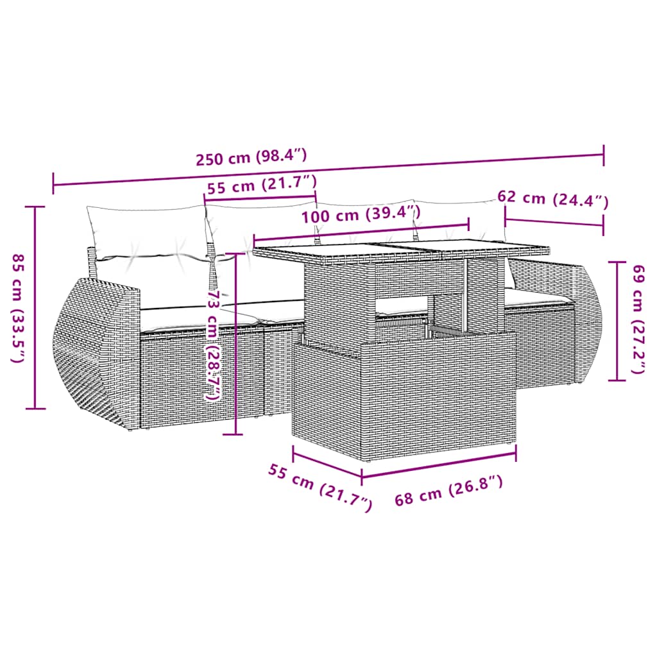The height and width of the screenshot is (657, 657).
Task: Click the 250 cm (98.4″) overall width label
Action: [252, 156]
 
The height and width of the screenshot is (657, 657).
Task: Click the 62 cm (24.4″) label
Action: [552, 199]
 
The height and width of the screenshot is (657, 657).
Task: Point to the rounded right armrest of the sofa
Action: [587, 321]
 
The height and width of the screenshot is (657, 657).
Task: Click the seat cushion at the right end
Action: [536, 297]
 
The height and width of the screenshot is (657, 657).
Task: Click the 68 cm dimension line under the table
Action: [439, 466]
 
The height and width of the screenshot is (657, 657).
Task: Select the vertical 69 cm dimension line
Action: [617, 321]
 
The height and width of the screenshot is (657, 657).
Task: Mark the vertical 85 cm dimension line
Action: [35, 308]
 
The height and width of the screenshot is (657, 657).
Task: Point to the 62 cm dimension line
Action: [554, 223]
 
